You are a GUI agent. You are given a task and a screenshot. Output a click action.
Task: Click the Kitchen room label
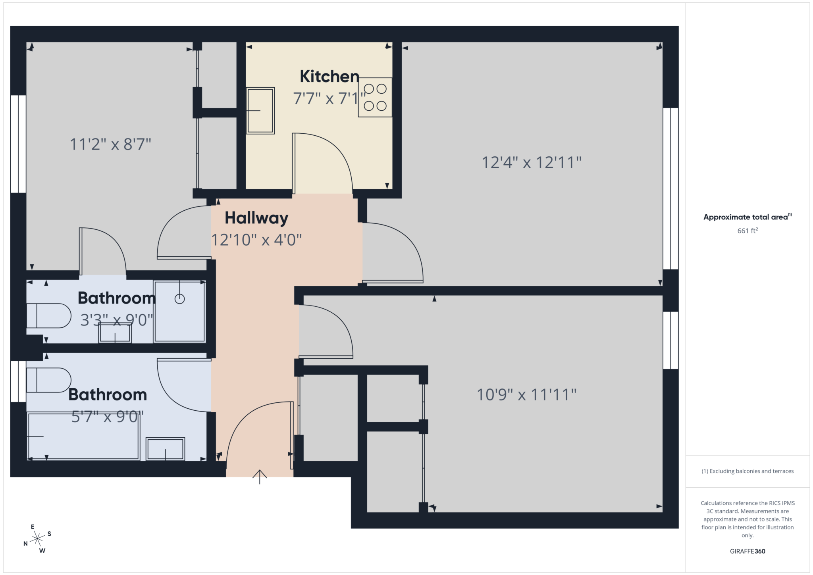point(329,77)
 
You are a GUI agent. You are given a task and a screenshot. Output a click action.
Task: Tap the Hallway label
point(256,218)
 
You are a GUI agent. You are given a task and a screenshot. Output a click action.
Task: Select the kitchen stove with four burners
point(375,97)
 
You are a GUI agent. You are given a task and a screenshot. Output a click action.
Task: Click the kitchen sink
point(260,110)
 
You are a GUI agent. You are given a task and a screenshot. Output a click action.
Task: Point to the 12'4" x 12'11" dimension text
point(532,163)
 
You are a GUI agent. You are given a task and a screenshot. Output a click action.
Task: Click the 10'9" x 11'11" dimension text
point(526,395)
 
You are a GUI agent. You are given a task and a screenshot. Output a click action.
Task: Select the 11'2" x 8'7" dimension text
point(110,144)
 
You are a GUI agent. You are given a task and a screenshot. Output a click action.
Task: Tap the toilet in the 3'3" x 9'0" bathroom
point(48,316)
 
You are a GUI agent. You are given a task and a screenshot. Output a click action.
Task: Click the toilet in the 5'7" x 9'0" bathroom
point(48,380)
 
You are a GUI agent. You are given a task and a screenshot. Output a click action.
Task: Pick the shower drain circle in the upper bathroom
point(180,299)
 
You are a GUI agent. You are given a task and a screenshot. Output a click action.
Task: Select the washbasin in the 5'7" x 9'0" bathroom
point(165,449)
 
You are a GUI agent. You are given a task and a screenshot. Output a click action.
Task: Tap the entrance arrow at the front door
point(260,477)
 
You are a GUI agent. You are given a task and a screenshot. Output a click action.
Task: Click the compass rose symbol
point(37,538)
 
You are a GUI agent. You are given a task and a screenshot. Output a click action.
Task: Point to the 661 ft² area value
point(747,231)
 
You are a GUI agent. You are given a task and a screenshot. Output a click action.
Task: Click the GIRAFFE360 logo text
point(747,551)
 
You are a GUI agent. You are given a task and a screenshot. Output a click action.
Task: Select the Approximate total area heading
point(746,217)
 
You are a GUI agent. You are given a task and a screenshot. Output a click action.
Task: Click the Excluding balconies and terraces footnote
point(747,471)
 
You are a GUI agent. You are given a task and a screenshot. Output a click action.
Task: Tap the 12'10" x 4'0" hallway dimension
point(256,240)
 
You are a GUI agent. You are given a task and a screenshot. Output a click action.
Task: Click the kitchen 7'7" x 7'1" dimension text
point(329,98)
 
